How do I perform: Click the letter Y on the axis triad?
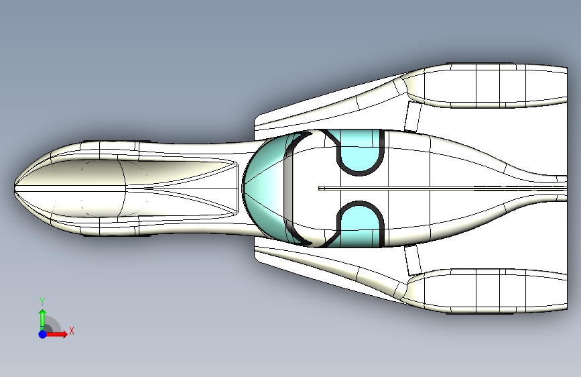tap(42, 301)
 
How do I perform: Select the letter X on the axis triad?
tap(71, 331)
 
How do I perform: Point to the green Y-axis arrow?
tap(42, 317)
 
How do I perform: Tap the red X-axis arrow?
tap(58, 333)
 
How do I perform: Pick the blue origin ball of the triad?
tap(42, 333)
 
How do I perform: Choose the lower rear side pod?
tap(489, 292)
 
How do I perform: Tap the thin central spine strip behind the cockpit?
tap(436, 188)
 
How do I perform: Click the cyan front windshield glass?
tap(265, 188)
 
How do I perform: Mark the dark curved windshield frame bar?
tap(288, 188)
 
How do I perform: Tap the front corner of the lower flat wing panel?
tap(257, 258)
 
